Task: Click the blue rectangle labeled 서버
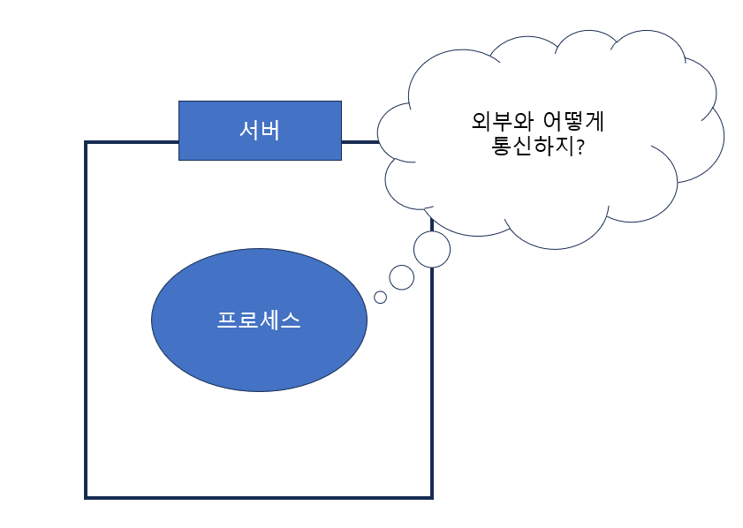click(260, 130)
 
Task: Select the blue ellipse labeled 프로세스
click(259, 320)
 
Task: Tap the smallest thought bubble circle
click(381, 298)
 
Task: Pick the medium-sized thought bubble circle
click(402, 277)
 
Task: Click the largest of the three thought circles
click(432, 249)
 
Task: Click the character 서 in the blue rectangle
click(249, 130)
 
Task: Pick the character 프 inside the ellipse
click(227, 320)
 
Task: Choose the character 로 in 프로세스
click(248, 320)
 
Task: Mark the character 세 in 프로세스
click(269, 320)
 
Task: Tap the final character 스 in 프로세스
click(291, 320)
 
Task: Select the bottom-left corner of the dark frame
click(87, 497)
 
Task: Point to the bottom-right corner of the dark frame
click(431, 497)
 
